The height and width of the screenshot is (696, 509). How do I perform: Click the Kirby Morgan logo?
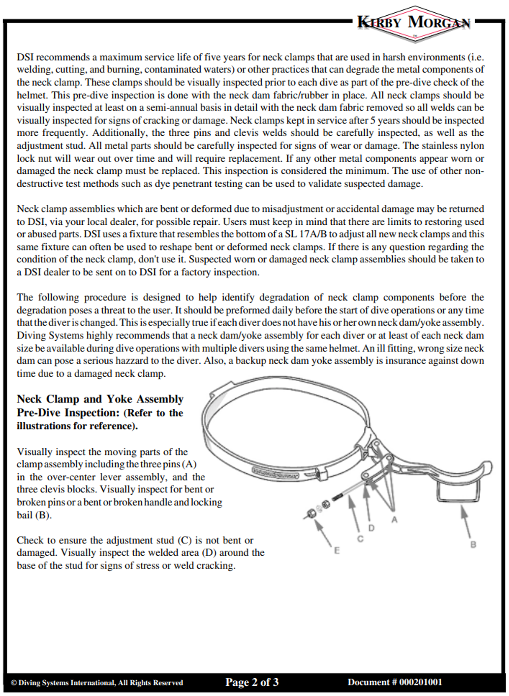click(x=414, y=23)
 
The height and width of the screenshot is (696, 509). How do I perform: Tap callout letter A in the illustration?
click(x=394, y=520)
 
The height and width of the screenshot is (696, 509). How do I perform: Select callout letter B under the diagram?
click(x=473, y=544)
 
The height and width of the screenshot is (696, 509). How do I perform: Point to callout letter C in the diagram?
click(x=360, y=539)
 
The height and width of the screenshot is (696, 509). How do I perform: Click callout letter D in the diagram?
click(x=372, y=528)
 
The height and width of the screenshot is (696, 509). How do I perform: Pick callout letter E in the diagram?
click(x=337, y=551)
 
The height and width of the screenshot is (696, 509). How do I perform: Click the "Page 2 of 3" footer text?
click(x=252, y=682)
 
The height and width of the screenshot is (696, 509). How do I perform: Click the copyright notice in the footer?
click(x=97, y=683)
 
